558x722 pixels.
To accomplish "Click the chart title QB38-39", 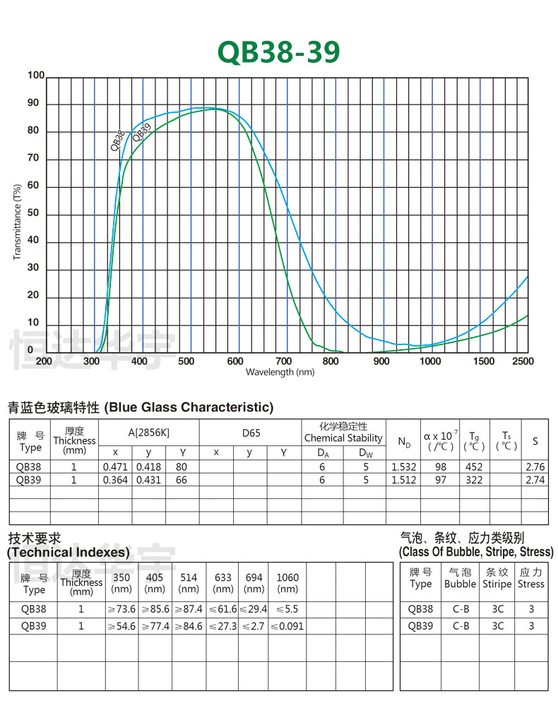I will click(279, 52).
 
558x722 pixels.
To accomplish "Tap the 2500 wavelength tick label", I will click(524, 361).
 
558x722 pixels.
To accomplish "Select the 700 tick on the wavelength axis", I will click(283, 361).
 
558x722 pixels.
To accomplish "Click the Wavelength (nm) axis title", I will click(280, 372).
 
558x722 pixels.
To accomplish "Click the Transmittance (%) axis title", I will click(17, 222).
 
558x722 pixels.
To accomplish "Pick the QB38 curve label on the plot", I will click(118, 140).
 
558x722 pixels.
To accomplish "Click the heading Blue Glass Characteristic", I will click(189, 407).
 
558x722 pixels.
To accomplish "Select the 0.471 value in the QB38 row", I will click(114, 467).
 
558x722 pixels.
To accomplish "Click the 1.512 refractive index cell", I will click(404, 480).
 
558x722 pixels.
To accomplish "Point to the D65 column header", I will click(251, 433).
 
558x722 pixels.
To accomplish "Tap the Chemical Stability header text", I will click(343, 438).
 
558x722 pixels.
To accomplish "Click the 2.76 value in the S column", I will click(535, 467).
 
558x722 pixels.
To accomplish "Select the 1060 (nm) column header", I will click(287, 582).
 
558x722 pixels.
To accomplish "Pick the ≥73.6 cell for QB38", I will click(121, 609).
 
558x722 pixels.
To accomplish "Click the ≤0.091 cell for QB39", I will click(287, 626).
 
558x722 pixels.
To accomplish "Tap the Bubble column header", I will click(461, 584).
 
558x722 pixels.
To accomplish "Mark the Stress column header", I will click(531, 584).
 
